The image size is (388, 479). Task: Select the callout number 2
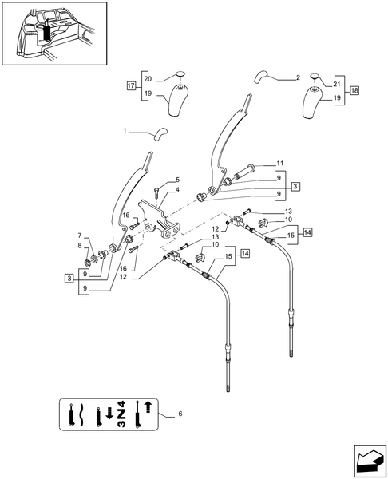coord(297,77)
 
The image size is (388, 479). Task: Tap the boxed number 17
coord(131,85)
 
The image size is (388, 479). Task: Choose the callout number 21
coord(336,84)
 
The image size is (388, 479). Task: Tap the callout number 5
coord(176,180)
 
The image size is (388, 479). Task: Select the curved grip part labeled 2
coord(263,77)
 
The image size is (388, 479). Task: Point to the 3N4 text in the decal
coord(121,414)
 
